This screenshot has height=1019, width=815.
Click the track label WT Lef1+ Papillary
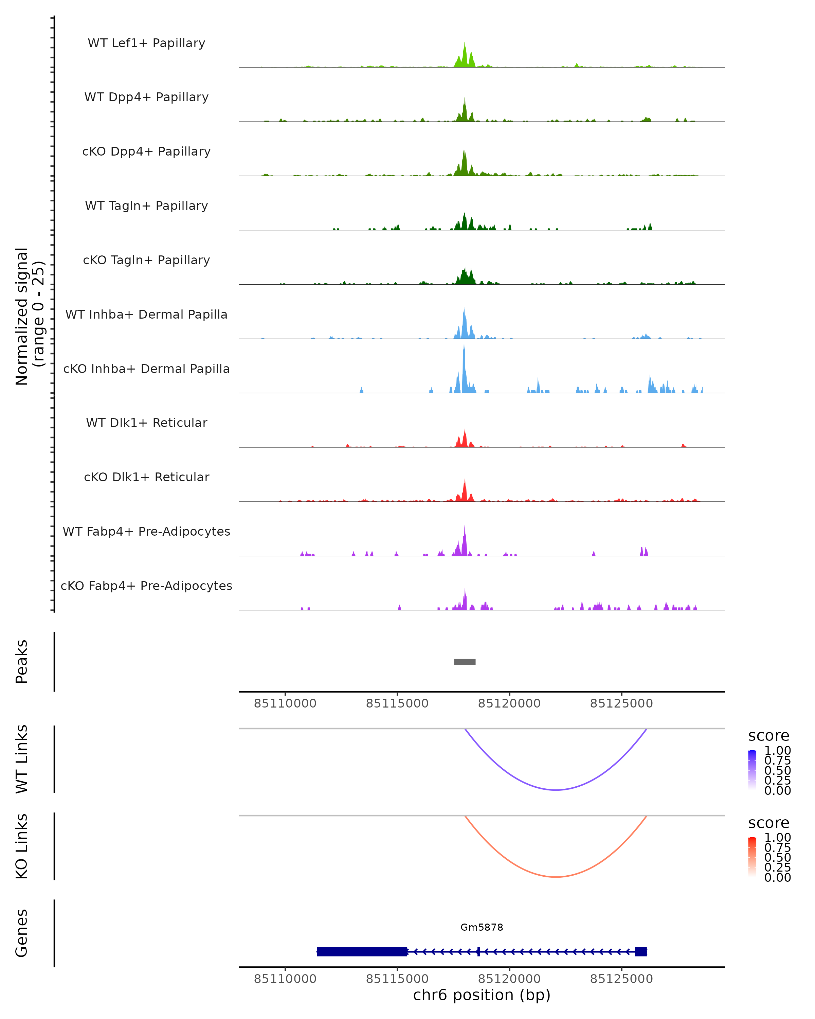[146, 43]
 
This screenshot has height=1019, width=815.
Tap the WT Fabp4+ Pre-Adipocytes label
[146, 531]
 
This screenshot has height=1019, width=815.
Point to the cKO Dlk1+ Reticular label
[146, 477]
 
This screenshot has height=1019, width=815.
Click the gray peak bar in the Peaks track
[465, 662]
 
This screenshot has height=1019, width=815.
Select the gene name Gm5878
[482, 927]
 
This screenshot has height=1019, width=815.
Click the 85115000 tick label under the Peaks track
[397, 703]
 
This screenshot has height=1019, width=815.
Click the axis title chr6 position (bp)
[482, 995]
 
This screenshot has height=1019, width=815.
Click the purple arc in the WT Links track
[556, 790]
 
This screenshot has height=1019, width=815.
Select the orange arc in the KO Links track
[556, 877]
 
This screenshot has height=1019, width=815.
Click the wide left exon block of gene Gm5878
[362, 951]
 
